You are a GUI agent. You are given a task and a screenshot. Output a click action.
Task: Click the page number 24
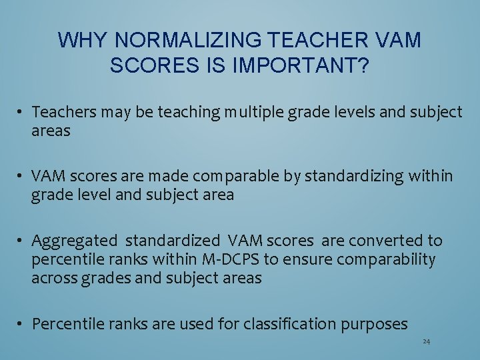pos(426,342)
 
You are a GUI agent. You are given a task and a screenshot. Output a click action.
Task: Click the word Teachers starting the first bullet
pos(61,112)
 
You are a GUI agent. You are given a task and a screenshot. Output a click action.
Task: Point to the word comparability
pos(386,259)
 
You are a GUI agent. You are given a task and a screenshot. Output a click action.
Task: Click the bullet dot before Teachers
pos(22,113)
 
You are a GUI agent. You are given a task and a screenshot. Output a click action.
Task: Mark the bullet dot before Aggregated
pos(22,241)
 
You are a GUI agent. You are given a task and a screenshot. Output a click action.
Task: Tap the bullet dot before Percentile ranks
pos(22,325)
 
